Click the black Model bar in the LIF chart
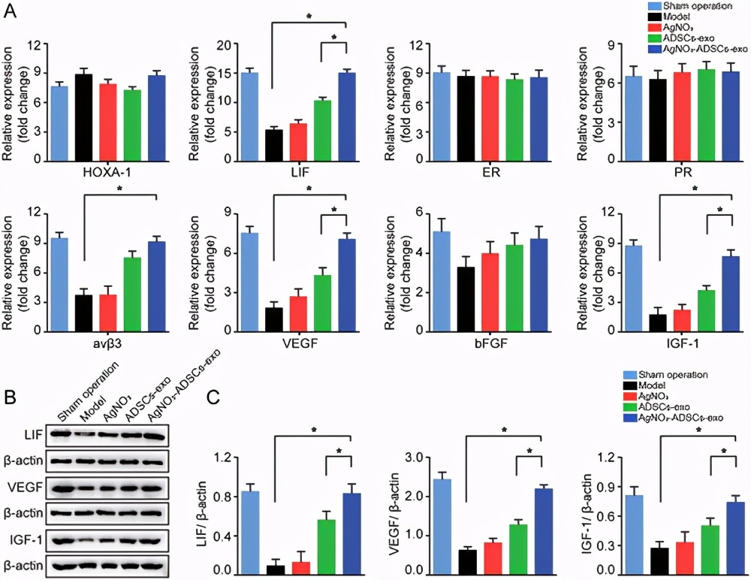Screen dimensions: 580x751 point(274,146)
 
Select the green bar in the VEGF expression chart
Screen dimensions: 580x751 point(322,303)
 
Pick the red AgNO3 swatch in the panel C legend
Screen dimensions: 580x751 point(631,395)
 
